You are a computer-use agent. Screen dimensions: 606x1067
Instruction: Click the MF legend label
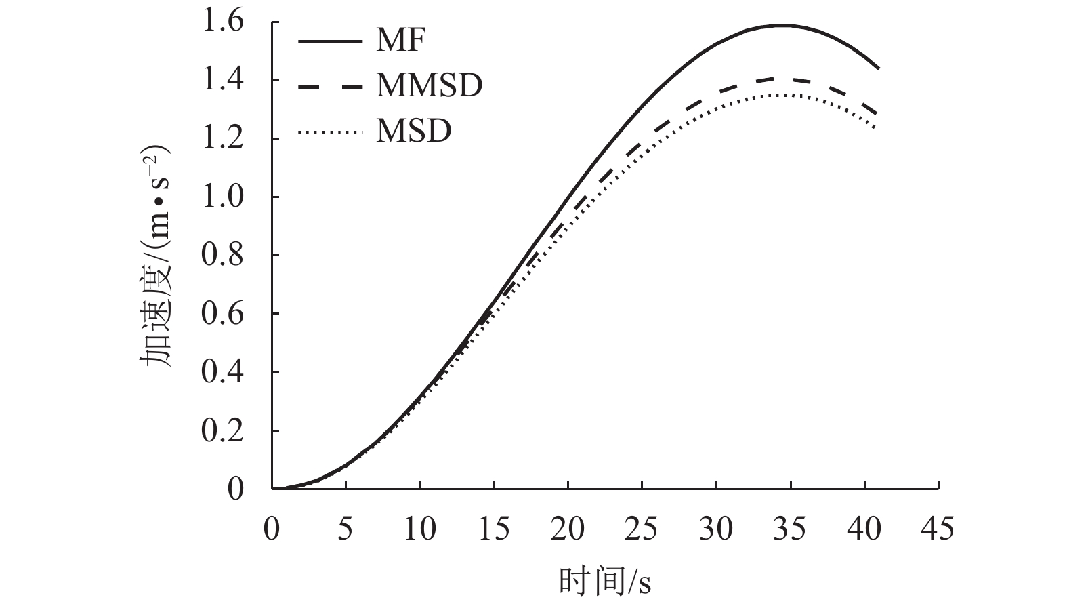(x=400, y=41)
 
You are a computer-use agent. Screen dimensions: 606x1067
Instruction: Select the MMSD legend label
(x=429, y=85)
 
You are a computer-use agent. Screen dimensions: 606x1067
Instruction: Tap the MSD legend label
(x=413, y=130)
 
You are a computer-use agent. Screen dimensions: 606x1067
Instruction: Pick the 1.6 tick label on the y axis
(x=222, y=22)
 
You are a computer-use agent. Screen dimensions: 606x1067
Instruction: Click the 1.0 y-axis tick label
(x=222, y=197)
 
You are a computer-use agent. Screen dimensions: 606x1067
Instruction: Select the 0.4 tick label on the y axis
(x=222, y=372)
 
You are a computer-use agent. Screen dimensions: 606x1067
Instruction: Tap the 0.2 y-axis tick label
(x=222, y=431)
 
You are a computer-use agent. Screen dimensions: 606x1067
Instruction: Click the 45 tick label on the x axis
(x=938, y=528)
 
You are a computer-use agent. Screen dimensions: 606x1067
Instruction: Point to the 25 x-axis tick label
(x=641, y=528)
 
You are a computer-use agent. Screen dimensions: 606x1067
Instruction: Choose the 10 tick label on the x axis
(x=419, y=528)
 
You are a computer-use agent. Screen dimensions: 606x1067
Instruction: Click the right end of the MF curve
(x=879, y=68)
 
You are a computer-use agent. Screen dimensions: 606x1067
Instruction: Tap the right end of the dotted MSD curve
(x=875, y=127)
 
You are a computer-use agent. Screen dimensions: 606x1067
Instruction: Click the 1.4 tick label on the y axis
(x=222, y=81)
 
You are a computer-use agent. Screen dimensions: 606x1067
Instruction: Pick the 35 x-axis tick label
(x=789, y=528)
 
